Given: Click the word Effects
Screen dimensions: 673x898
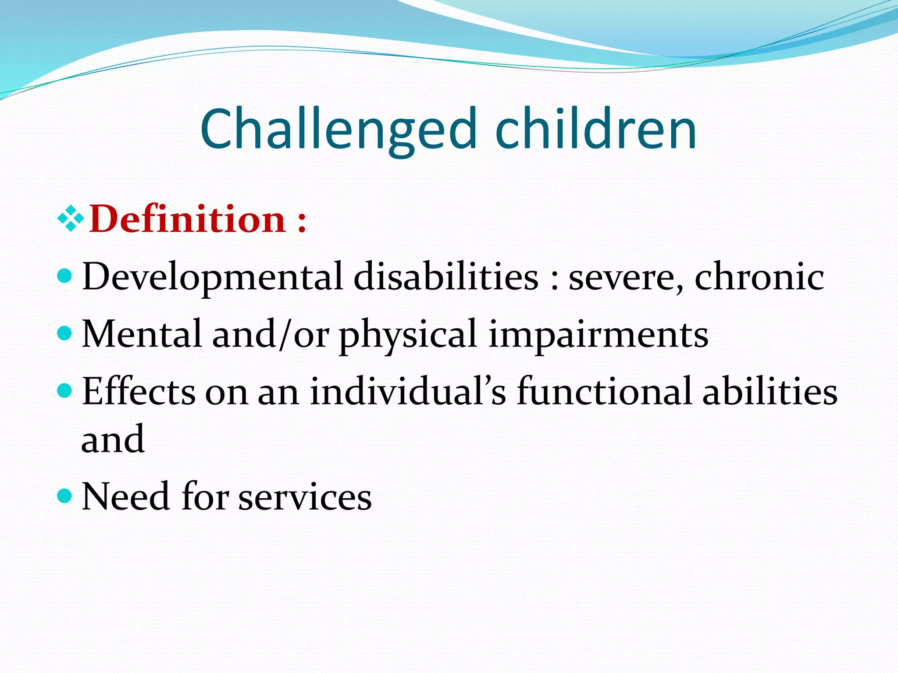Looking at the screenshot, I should click(139, 391).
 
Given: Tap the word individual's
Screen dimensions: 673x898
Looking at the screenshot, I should click(408, 391).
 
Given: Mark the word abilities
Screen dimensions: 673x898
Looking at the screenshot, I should click(770, 391).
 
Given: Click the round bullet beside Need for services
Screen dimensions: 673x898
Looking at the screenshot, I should click(64, 496).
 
